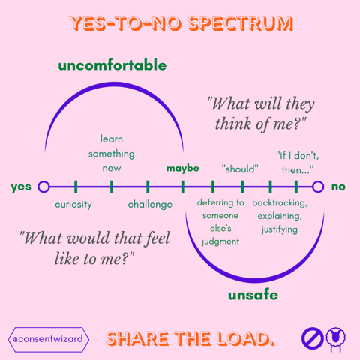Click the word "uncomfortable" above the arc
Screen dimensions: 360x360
(x=112, y=65)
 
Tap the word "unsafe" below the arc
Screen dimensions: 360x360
(x=253, y=295)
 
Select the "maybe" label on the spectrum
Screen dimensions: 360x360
(x=183, y=168)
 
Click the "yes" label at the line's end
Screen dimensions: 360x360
(x=21, y=187)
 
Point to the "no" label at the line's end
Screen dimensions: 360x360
(x=338, y=187)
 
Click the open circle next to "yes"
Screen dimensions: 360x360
(x=43, y=187)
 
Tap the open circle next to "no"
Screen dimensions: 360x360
(x=318, y=187)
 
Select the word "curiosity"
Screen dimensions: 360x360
(x=73, y=205)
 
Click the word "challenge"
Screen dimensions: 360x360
(x=150, y=205)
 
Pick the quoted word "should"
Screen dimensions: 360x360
(x=240, y=169)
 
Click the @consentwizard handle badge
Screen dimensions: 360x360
(x=49, y=339)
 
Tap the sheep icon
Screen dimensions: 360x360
(x=336, y=339)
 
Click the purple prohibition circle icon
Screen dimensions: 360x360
(x=313, y=338)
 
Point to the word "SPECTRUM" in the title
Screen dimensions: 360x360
(x=240, y=23)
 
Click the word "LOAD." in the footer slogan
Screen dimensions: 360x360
(x=245, y=338)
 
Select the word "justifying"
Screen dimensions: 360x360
(x=280, y=229)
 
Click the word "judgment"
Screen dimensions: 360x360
(x=220, y=241)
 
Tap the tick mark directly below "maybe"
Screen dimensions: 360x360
(x=183, y=187)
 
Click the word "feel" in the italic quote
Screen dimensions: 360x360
(x=157, y=238)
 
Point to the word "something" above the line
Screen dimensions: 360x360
(x=112, y=154)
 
